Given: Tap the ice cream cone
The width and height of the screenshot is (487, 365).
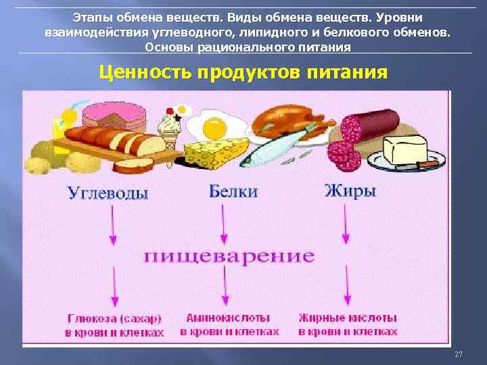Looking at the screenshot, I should (x=168, y=131).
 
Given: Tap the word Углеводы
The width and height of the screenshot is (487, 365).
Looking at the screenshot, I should (x=108, y=193).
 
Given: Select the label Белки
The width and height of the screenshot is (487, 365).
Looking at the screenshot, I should (x=233, y=191).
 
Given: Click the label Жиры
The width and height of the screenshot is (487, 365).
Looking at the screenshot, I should (x=350, y=191).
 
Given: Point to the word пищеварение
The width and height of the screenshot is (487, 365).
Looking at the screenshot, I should (x=229, y=256).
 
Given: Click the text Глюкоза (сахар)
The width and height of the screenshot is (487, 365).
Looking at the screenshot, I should (x=114, y=318).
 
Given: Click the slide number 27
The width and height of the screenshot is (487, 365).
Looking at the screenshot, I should (x=459, y=355).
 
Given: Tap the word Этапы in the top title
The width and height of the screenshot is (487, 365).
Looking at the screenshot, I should (x=92, y=15).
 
